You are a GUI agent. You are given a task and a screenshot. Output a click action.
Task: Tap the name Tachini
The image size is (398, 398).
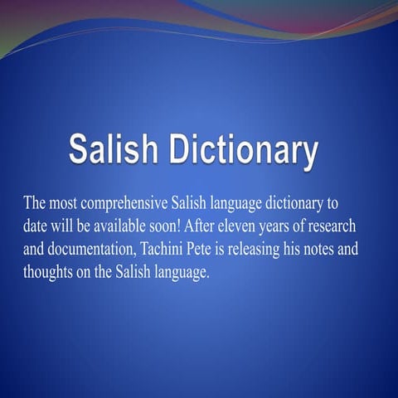(216, 250)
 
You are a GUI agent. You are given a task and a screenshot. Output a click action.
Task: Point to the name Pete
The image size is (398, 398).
(256, 250)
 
